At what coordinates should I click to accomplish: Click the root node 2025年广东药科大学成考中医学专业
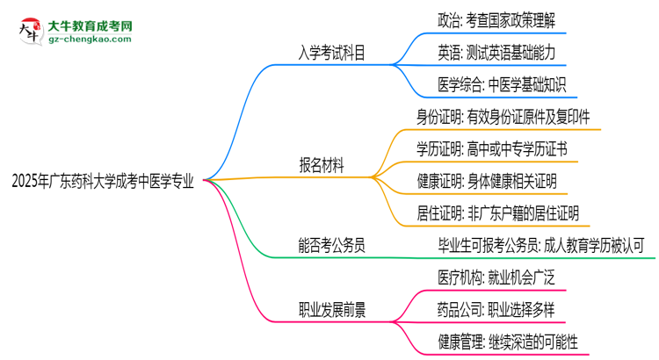pos(103,182)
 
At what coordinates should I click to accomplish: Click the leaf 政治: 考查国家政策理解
pos(496,19)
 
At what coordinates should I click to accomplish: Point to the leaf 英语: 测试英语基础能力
pos(496,52)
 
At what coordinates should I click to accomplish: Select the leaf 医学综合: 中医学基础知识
pos(501,85)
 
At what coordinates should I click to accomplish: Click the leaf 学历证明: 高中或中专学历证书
pos(491,148)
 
